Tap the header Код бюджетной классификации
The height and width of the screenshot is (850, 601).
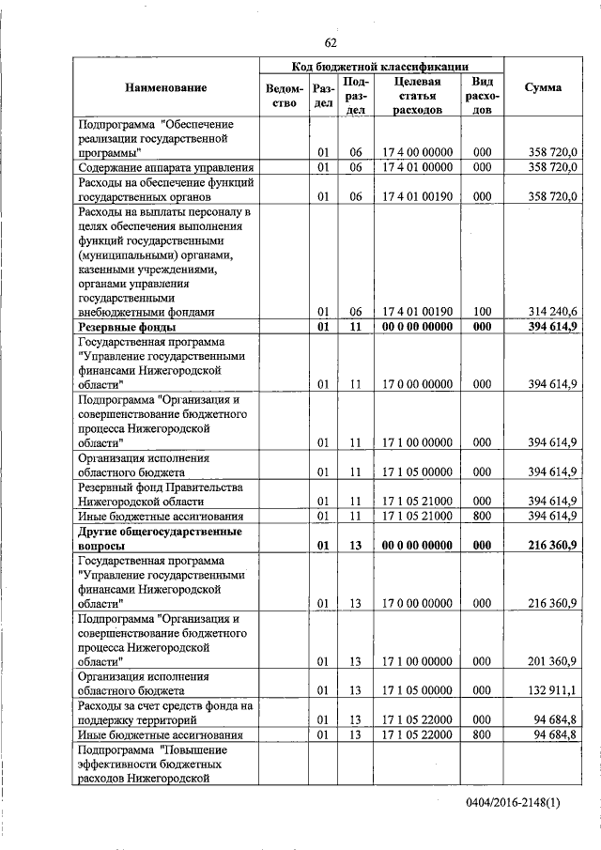pos(381,66)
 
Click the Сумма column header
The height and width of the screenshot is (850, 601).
pos(543,87)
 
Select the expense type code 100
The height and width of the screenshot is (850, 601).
pos(482,311)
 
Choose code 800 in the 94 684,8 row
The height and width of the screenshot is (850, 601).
pos(482,734)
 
